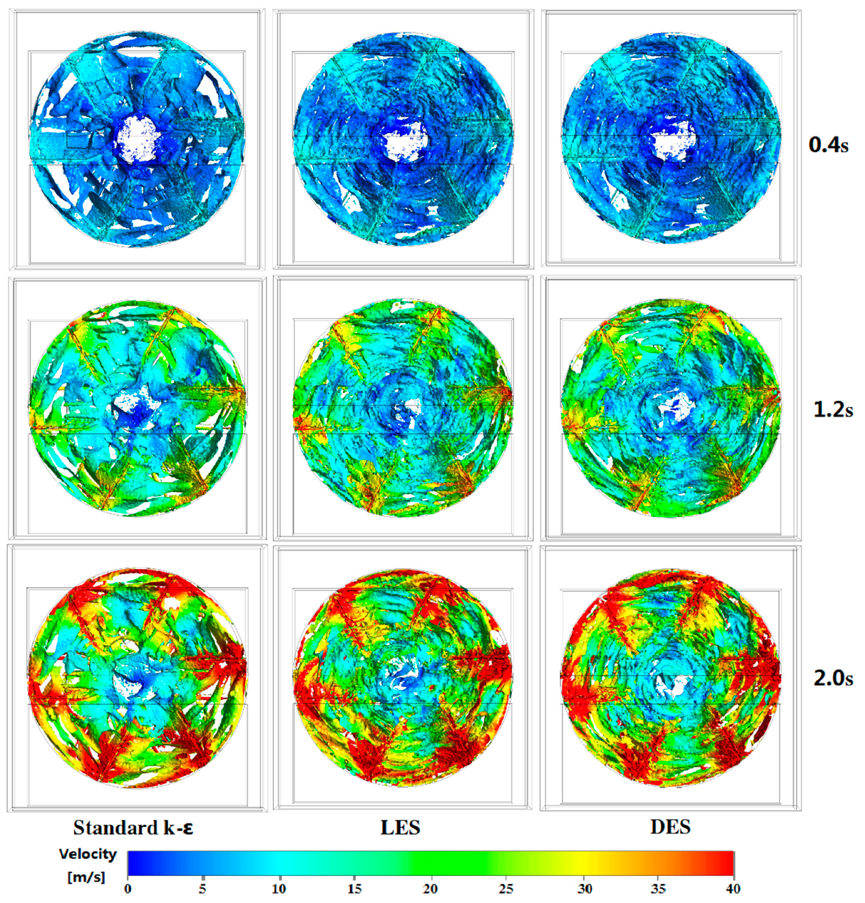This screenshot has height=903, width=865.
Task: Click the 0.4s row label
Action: [x=828, y=145]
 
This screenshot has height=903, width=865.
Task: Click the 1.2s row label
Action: [x=833, y=410]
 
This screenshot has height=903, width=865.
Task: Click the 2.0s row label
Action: [x=833, y=678]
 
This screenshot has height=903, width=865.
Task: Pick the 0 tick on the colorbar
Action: [x=128, y=889]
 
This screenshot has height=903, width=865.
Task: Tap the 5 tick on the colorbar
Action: [x=203, y=889]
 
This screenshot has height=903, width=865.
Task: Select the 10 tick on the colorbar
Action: [x=278, y=889]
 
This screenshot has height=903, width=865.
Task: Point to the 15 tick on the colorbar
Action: [x=354, y=889]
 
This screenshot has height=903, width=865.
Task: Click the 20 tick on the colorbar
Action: [x=430, y=889]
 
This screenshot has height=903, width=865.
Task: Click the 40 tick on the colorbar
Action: [x=733, y=889]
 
